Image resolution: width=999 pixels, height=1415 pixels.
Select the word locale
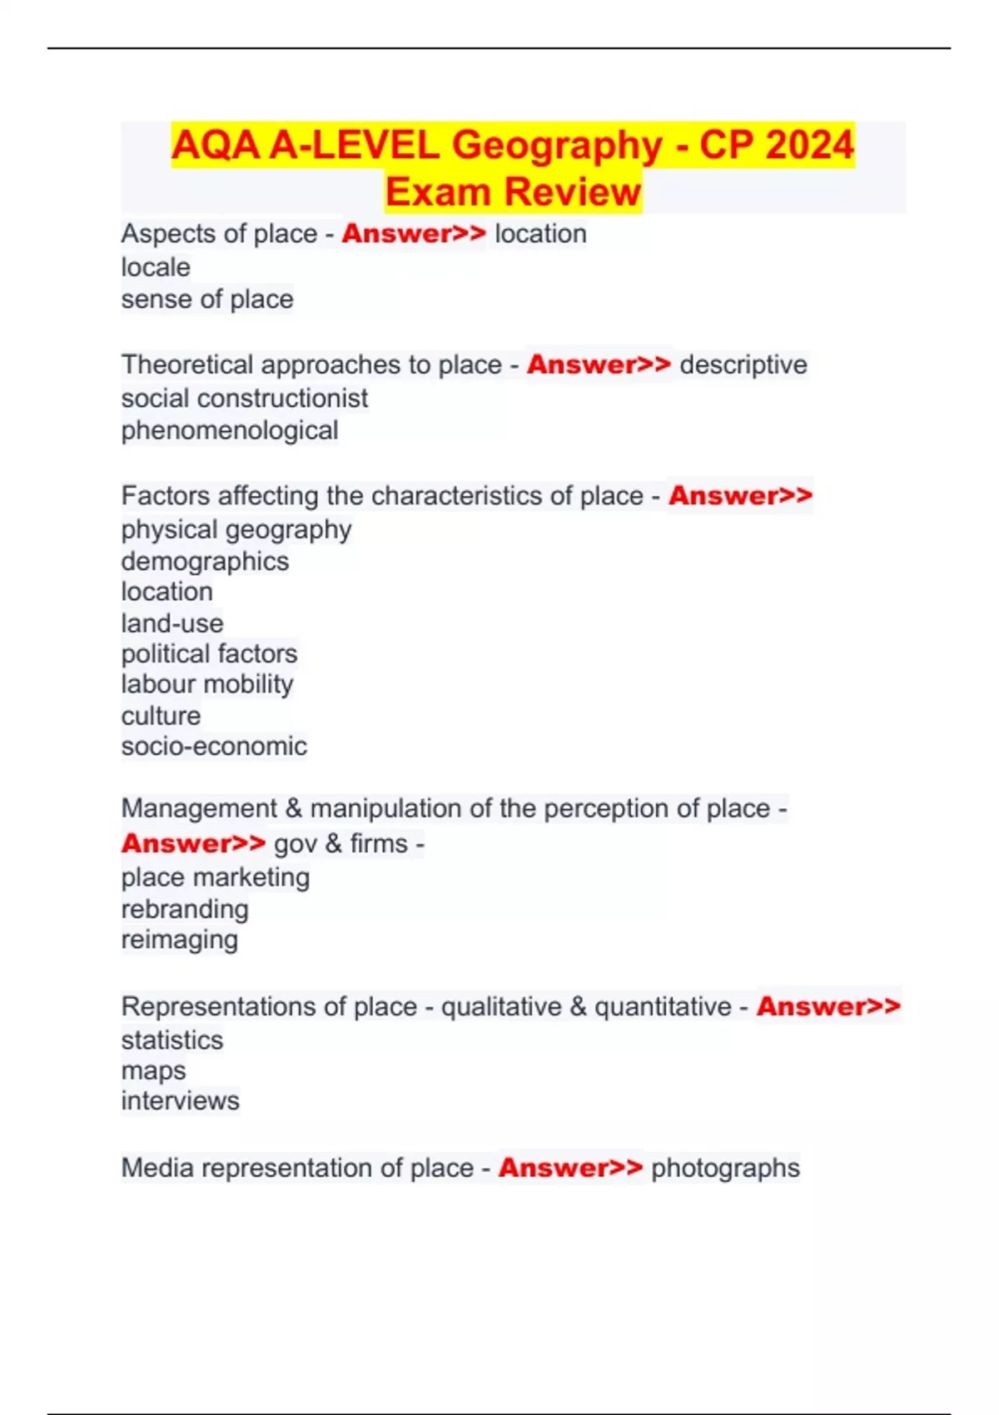pyautogui.click(x=156, y=267)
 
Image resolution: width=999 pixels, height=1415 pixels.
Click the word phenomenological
pyautogui.click(x=230, y=430)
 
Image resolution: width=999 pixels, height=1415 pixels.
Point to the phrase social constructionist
pyautogui.click(x=244, y=398)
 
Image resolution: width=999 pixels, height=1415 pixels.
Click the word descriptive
pyautogui.click(x=743, y=365)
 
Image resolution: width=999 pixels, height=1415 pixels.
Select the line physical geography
pyautogui.click(x=236, y=529)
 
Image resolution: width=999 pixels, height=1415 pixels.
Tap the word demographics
pyautogui.click(x=205, y=561)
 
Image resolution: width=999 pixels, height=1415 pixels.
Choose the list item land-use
pyautogui.click(x=172, y=623)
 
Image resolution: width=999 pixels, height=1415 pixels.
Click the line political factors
pyautogui.click(x=209, y=653)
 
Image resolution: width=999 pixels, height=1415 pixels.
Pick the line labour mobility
pyautogui.click(x=207, y=684)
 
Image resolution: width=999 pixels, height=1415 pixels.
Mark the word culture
pyautogui.click(x=161, y=716)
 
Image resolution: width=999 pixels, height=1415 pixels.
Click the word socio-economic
pyautogui.click(x=214, y=746)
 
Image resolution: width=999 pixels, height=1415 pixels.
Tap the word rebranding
pyautogui.click(x=185, y=909)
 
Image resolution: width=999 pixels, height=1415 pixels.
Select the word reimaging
pyautogui.click(x=180, y=940)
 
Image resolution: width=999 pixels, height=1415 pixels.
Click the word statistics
pyautogui.click(x=172, y=1040)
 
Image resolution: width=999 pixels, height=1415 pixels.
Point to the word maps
pyautogui.click(x=153, y=1070)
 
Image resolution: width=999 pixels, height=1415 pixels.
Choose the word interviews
pyautogui.click(x=180, y=1100)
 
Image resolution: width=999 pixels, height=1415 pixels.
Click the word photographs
pyautogui.click(x=725, y=1168)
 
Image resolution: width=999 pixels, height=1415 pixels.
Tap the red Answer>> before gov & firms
pyautogui.click(x=193, y=843)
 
